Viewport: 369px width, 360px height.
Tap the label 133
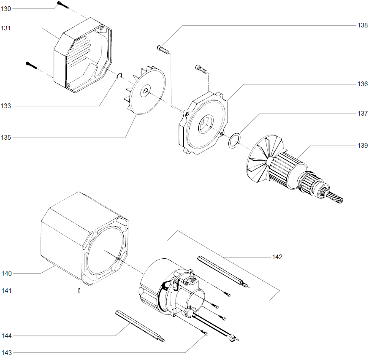tap(6, 106)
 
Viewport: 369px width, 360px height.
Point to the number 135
tap(6, 138)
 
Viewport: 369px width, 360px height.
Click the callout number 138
tap(362, 25)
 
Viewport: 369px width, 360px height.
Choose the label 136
tap(362, 84)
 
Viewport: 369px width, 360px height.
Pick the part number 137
tap(362, 114)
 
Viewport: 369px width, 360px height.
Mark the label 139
tap(362, 146)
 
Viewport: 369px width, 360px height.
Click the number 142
tap(277, 257)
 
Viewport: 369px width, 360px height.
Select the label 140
tap(6, 273)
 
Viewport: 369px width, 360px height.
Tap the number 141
tap(6, 291)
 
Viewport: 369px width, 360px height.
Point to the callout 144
tap(6, 336)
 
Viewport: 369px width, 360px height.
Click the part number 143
tap(6, 352)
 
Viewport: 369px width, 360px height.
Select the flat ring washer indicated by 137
tap(233, 140)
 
